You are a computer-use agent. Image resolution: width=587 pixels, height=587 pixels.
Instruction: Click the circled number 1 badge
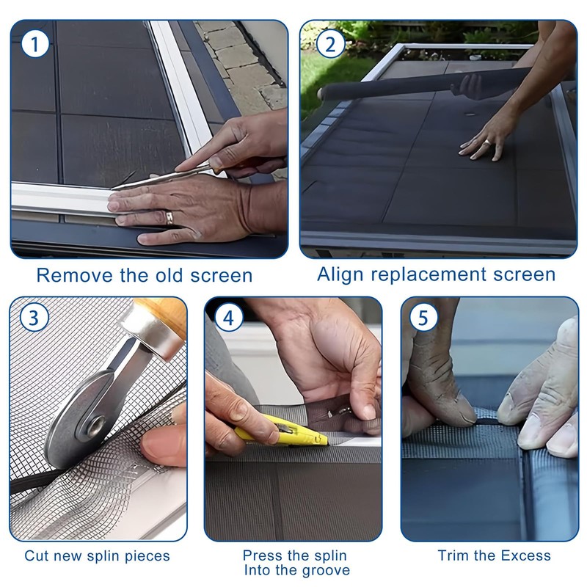tap(34, 44)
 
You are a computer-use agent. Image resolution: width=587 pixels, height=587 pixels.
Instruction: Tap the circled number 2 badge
tap(330, 44)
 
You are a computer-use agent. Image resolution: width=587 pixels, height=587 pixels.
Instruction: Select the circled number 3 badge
tap(34, 318)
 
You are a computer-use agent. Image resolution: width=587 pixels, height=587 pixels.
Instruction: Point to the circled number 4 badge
tap(229, 318)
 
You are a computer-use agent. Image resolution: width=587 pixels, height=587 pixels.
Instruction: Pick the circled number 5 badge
tap(423, 318)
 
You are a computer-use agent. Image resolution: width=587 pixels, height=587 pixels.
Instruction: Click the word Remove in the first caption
tap(75, 276)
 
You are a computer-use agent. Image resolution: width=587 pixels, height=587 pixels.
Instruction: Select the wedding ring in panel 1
tap(169, 217)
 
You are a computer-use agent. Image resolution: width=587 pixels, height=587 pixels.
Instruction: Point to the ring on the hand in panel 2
tap(486, 142)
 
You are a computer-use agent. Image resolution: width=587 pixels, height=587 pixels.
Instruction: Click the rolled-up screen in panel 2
tap(423, 84)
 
